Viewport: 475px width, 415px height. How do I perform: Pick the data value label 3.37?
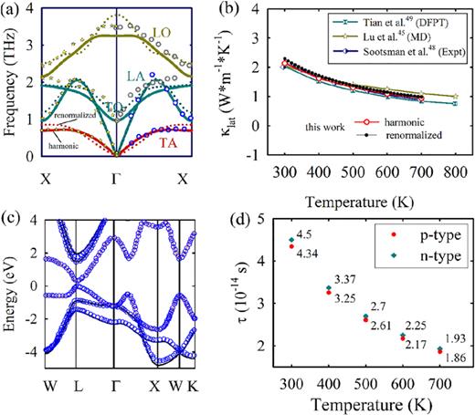coord(345,278)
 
